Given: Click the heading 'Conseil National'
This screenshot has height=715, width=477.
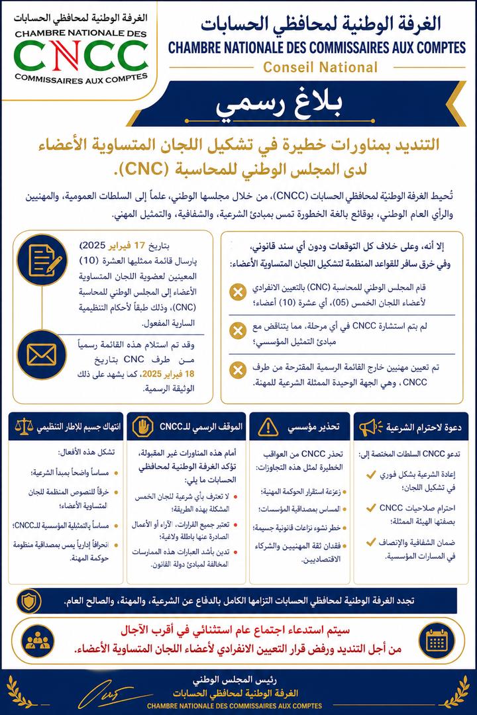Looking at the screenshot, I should point(320,67).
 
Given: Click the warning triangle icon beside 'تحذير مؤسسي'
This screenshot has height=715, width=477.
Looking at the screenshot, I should point(268,428).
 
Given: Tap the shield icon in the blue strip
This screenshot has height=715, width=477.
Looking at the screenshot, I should point(31,600).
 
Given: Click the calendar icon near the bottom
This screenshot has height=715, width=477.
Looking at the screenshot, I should point(437,640).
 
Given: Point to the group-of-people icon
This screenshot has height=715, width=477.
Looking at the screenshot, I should point(38,640).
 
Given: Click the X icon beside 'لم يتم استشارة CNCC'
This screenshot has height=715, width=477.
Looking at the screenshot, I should point(235,330).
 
